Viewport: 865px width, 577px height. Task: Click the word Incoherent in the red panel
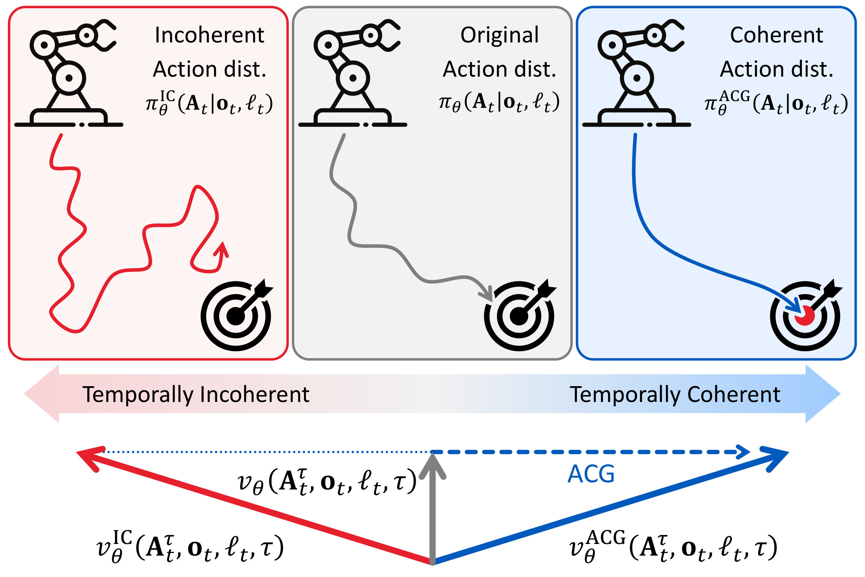pos(209,35)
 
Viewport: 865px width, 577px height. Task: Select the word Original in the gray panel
pos(499,35)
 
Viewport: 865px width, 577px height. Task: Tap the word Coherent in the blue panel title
pos(776,35)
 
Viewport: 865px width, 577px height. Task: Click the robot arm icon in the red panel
pos(69,73)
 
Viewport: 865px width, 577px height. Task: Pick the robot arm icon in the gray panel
pos(353,73)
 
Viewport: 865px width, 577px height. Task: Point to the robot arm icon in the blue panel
pos(637,73)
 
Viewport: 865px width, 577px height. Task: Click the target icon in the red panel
pos(236,316)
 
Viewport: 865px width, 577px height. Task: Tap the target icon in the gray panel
pos(519,316)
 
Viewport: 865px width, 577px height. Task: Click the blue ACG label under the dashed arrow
pos(591,474)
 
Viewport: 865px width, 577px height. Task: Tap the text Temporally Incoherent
pos(196,394)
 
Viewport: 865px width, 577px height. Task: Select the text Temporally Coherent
pos(675,394)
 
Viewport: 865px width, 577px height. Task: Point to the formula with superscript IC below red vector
pos(190,547)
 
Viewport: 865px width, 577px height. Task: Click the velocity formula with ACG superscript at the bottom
pos(672,547)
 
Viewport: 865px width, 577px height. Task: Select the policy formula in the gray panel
pos(499,102)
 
